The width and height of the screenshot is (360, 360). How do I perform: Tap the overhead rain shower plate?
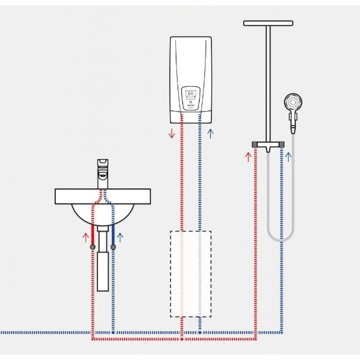[x=268, y=23]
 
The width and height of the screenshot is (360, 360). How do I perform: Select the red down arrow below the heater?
[x=172, y=134]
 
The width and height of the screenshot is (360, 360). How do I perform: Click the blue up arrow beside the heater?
[x=211, y=134]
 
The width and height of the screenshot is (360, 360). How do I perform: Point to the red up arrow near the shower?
[x=248, y=157]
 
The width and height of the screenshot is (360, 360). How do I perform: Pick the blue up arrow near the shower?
[x=288, y=157]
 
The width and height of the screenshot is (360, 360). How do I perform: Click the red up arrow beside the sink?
[x=86, y=237]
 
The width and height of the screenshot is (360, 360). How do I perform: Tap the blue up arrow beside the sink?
[x=120, y=237]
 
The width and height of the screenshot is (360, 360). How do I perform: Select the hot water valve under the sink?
[x=93, y=247]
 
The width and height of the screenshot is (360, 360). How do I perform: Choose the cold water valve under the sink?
[x=113, y=247]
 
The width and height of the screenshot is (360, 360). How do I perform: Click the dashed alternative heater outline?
[x=190, y=274]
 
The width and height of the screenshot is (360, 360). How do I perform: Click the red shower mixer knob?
[x=255, y=144]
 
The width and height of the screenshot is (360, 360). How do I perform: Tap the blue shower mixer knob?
[x=281, y=144]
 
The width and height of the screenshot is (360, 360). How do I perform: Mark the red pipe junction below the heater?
[x=182, y=339]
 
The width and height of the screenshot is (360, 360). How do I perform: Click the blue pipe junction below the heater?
[x=200, y=333]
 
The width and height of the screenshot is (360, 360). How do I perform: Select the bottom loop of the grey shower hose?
[x=281, y=239]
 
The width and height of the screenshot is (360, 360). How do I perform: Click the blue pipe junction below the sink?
[x=113, y=333]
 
